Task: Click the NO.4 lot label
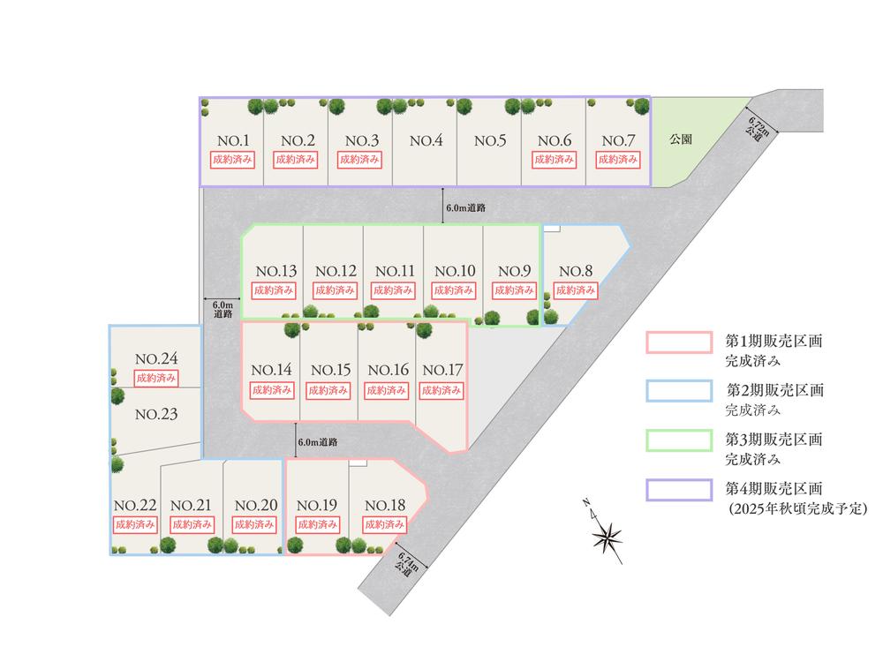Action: pos(425,141)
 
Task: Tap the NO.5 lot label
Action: pos(489,141)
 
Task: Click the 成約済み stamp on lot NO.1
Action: pos(232,160)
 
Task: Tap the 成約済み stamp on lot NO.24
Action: pos(157,378)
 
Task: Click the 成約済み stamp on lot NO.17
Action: pos(441,389)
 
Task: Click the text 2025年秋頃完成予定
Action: pos(796,510)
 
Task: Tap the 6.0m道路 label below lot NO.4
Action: pos(466,208)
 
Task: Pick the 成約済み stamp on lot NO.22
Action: pos(135,523)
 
